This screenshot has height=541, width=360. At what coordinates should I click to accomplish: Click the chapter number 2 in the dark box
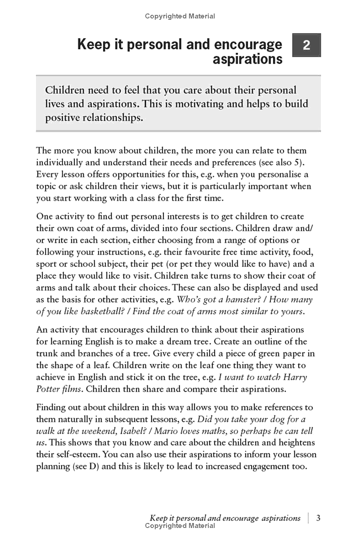(x=306, y=45)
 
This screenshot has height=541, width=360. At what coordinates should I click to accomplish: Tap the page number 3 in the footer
(x=318, y=518)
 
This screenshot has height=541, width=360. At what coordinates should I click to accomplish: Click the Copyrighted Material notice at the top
(x=180, y=16)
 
